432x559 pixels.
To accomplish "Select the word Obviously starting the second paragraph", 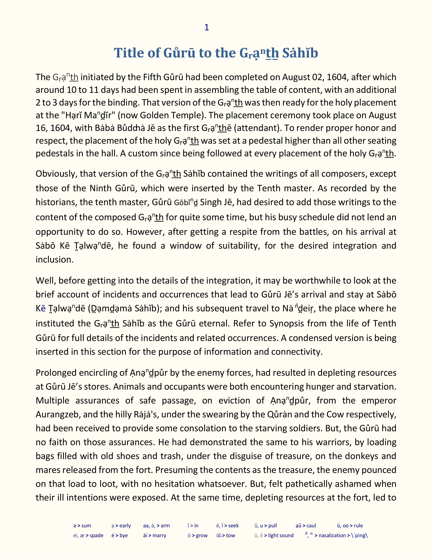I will [x=56, y=174].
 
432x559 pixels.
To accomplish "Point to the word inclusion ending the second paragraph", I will [x=54, y=260].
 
